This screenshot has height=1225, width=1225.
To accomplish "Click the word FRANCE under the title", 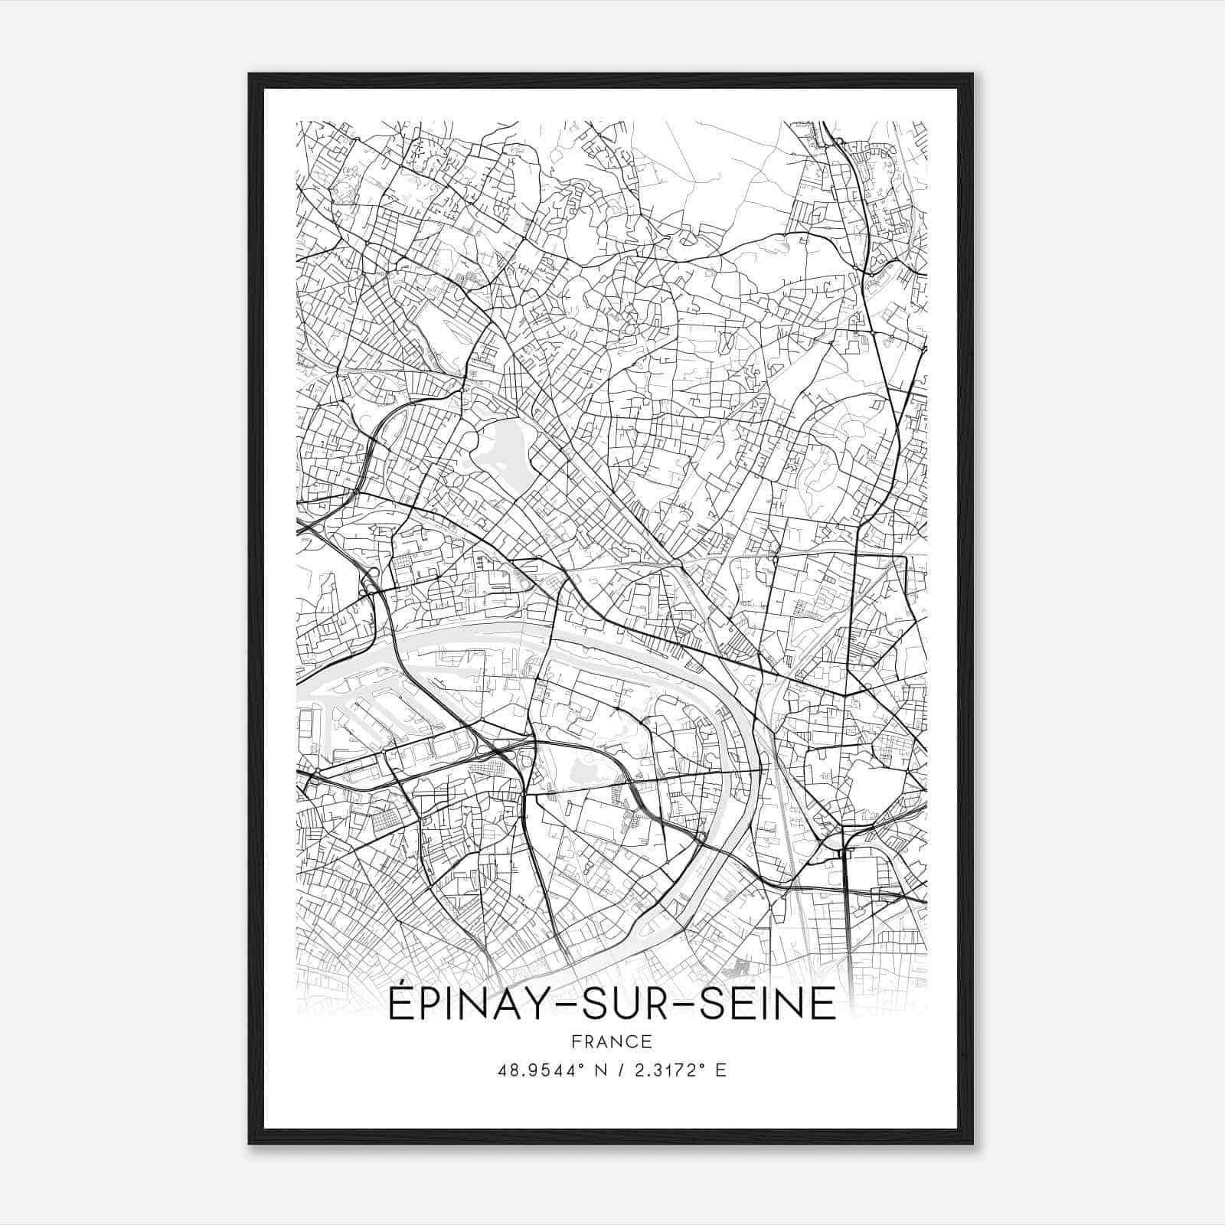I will pyautogui.click(x=612, y=1041).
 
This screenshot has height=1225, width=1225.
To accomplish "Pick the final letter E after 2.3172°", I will pyautogui.click(x=720, y=1070).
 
